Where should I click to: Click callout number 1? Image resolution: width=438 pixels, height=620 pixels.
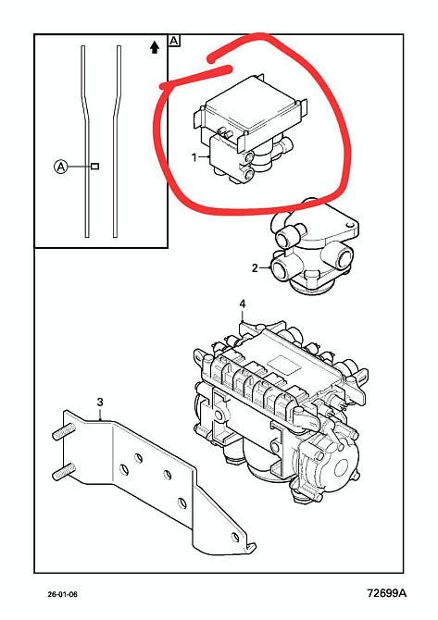[194, 157]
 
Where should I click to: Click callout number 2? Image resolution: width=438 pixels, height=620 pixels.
[255, 268]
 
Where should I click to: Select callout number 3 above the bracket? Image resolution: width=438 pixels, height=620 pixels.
[100, 403]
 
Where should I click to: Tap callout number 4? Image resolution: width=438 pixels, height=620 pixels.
[243, 304]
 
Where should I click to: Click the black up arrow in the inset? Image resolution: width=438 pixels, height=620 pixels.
[155, 47]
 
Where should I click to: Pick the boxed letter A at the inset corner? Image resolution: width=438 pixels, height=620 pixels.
[174, 41]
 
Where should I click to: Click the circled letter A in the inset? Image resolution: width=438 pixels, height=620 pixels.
[60, 167]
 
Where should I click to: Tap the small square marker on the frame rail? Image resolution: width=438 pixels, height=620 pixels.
[95, 167]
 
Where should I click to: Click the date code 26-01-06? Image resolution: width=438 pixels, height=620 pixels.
[63, 594]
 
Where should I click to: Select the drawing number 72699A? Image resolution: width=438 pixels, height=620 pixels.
[386, 593]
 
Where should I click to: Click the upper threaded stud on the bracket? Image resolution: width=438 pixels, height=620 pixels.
[63, 430]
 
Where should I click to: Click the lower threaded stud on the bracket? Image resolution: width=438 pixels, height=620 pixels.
[63, 470]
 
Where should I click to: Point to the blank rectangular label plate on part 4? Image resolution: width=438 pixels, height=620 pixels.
[284, 365]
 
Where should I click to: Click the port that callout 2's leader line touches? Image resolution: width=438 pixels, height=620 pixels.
[283, 270]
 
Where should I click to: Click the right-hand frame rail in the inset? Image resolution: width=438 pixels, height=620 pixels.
[117, 142]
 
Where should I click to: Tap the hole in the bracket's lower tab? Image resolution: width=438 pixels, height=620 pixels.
[236, 537]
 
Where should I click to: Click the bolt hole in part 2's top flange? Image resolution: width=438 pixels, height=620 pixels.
[348, 226]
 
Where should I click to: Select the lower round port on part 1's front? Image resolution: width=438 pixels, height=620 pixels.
[249, 174]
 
